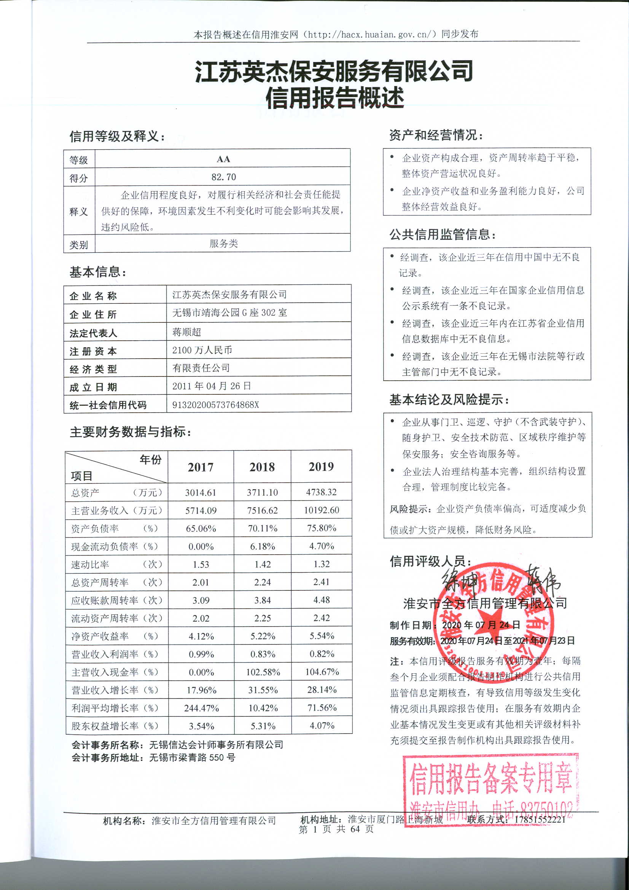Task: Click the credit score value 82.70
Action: [223, 177]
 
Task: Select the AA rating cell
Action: [223, 159]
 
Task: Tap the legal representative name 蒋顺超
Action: [187, 332]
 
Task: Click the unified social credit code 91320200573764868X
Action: [215, 405]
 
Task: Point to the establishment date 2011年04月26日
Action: [212, 386]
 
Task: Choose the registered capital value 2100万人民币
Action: [202, 350]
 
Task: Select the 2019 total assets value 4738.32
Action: [321, 492]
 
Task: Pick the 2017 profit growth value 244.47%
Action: [201, 708]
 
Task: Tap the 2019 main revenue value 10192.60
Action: [321, 510]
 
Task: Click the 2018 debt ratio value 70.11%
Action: [263, 528]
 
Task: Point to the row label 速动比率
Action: [90, 565]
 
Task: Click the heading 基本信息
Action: [98, 272]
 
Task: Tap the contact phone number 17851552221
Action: [540, 819]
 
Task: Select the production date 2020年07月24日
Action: [481, 624]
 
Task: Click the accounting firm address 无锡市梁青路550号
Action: [192, 757]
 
